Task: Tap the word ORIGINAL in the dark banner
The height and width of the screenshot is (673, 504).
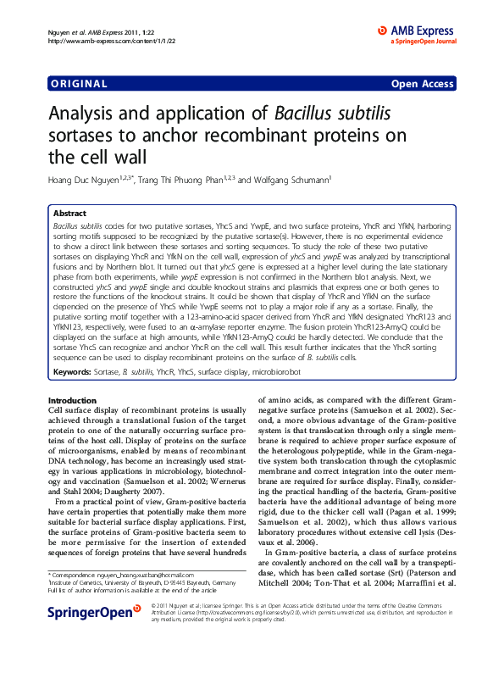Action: pos(79,84)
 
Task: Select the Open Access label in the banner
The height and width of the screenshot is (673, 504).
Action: pos(422,84)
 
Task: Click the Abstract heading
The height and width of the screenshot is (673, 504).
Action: pos(69,214)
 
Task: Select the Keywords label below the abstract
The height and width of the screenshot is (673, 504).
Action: pos(73,371)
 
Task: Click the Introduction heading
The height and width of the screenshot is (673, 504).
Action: pos(72,400)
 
